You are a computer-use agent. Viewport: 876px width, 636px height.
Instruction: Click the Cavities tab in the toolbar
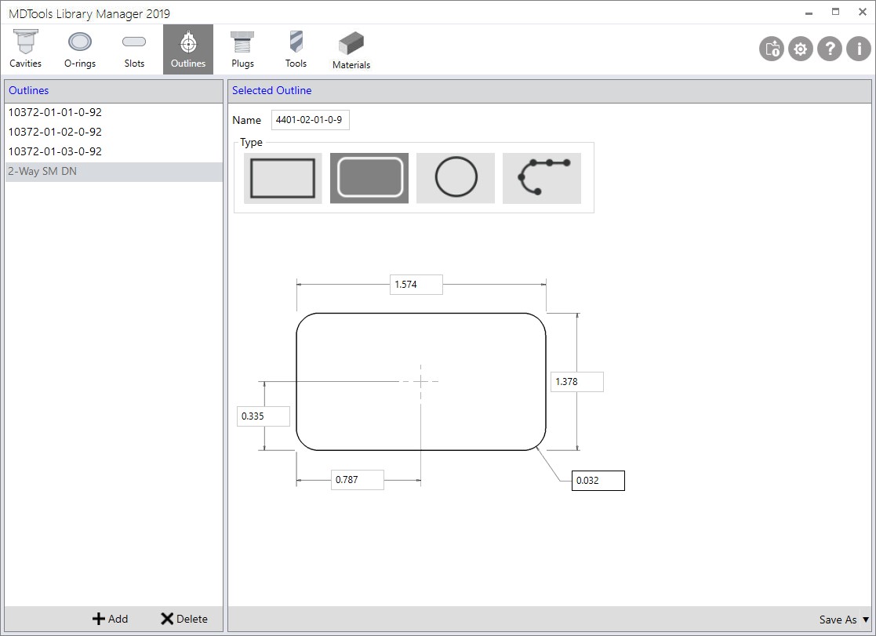pyautogui.click(x=25, y=49)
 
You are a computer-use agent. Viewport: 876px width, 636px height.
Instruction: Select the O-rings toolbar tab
pyautogui.click(x=80, y=49)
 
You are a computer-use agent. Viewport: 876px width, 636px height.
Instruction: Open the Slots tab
pyautogui.click(x=134, y=49)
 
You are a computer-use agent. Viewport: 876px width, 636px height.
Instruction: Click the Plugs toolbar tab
pyautogui.click(x=242, y=49)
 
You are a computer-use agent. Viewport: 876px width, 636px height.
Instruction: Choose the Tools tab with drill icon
pyautogui.click(x=296, y=49)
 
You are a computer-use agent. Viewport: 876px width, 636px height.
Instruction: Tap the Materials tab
pyautogui.click(x=351, y=51)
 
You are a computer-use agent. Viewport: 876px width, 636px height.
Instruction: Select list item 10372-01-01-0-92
pyautogui.click(x=55, y=112)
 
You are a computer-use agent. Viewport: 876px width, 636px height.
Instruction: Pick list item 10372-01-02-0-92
pyautogui.click(x=55, y=132)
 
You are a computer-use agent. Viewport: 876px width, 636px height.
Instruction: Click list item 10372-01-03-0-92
pyautogui.click(x=55, y=151)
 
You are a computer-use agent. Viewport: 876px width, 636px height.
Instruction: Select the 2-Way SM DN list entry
pyautogui.click(x=42, y=171)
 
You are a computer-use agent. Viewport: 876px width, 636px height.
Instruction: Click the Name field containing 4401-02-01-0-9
pyautogui.click(x=310, y=120)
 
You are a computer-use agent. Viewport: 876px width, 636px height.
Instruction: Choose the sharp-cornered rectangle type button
pyautogui.click(x=282, y=178)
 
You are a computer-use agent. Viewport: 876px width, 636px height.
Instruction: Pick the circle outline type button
pyautogui.click(x=456, y=178)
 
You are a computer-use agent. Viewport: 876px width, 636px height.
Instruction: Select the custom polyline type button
pyautogui.click(x=542, y=178)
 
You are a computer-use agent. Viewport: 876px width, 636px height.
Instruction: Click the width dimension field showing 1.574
pyautogui.click(x=416, y=285)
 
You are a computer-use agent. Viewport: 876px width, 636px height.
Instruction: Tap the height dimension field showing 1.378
pyautogui.click(x=576, y=382)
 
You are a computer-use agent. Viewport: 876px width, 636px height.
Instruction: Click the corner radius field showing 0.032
pyautogui.click(x=598, y=481)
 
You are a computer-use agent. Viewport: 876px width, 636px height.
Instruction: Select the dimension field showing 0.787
pyautogui.click(x=357, y=480)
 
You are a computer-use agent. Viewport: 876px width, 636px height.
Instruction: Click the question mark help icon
pyautogui.click(x=829, y=49)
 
